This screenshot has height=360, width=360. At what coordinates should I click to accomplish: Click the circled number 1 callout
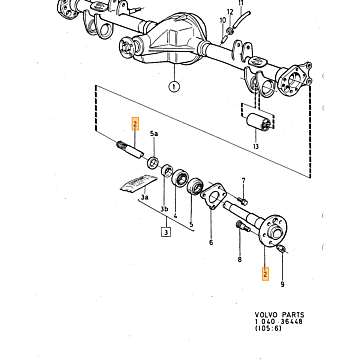[x=174, y=87]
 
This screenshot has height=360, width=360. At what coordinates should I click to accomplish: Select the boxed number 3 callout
[x=166, y=231]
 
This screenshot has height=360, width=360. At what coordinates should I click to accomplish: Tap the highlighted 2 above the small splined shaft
[x=135, y=124]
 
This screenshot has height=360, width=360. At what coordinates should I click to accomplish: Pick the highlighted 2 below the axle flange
[x=265, y=274]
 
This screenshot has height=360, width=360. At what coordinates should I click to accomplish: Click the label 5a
[x=154, y=134]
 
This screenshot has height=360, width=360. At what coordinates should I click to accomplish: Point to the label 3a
[x=144, y=197]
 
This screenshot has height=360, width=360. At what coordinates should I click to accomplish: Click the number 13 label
[x=256, y=146]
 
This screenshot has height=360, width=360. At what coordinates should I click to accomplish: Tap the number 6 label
[x=211, y=242]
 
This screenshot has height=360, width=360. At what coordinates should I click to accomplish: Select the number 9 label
[x=282, y=284]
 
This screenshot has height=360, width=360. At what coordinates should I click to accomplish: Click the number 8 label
[x=239, y=259]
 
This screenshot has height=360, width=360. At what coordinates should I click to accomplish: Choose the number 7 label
[x=243, y=181]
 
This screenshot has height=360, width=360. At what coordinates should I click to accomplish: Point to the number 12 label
[x=230, y=12]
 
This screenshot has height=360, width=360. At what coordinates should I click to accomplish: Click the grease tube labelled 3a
[x=139, y=183]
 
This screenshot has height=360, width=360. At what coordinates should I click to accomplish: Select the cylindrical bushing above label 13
[x=258, y=122]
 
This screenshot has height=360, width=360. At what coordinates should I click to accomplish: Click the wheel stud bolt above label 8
[x=243, y=227]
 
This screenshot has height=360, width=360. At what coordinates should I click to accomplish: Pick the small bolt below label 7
[x=242, y=201]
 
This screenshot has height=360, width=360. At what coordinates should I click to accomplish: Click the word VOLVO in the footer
[x=266, y=315]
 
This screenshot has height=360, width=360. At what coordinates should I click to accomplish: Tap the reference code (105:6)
[x=268, y=328]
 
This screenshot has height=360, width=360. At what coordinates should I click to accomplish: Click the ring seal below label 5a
[x=153, y=163]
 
